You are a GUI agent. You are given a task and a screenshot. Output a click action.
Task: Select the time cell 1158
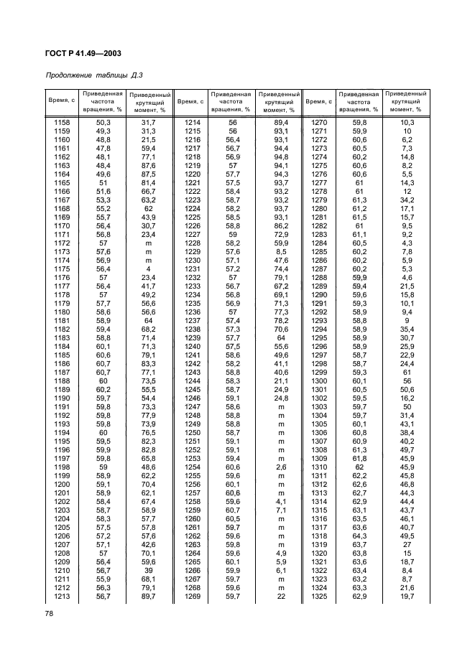tap(63, 123)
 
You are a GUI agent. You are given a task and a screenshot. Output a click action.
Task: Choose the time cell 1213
tap(63, 597)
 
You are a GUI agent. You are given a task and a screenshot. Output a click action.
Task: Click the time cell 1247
tap(192, 407)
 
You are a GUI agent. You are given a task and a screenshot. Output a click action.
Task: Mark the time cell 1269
tap(192, 597)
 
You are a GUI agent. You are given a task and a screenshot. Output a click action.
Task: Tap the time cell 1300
tap(320, 381)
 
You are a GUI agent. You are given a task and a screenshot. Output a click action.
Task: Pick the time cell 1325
tap(320, 597)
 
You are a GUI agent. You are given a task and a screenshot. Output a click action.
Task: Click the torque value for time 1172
tap(149, 243)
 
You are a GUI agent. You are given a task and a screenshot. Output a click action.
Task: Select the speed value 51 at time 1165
tap(103, 183)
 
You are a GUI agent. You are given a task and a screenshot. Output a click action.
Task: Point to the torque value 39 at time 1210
tap(149, 571)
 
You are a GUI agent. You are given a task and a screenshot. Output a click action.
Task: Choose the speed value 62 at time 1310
tap(360, 467)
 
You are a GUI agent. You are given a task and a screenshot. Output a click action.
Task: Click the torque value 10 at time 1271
tap(407, 131)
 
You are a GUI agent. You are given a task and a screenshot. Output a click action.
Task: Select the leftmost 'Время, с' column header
tap(63, 102)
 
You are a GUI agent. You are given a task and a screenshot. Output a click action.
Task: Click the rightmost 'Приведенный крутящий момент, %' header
tap(406, 102)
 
